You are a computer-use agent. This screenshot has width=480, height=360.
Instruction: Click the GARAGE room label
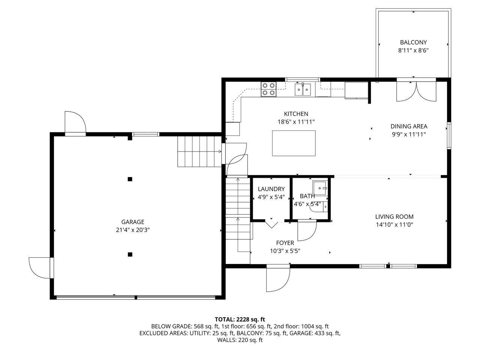(x=132, y=222)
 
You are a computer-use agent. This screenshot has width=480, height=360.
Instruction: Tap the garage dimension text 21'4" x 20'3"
(x=132, y=230)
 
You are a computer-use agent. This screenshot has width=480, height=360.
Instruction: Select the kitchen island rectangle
(x=294, y=143)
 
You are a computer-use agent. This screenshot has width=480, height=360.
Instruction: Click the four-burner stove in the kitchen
(x=268, y=89)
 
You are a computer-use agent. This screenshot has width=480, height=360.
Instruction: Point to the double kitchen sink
(x=303, y=89)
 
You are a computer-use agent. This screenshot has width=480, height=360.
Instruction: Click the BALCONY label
(x=413, y=42)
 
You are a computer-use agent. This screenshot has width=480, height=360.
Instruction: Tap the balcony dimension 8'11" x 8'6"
(x=413, y=50)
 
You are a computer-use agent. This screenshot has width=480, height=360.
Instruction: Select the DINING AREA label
(x=409, y=126)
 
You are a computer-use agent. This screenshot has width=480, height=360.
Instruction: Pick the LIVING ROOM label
(x=394, y=216)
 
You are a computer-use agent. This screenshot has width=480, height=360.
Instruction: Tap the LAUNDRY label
(x=271, y=189)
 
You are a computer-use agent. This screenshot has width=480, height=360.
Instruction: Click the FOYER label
(x=285, y=243)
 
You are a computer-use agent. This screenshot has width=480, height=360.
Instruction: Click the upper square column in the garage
(x=130, y=179)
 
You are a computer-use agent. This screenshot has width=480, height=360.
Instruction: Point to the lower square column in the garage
(x=130, y=254)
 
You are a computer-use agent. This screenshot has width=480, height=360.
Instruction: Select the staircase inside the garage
(x=199, y=151)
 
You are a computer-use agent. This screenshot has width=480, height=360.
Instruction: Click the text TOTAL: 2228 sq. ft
(x=240, y=319)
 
